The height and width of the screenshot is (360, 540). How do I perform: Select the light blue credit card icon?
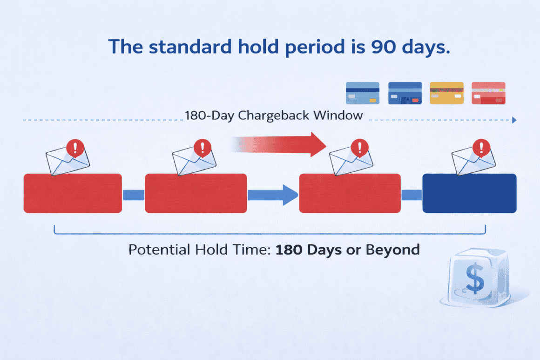[363, 93]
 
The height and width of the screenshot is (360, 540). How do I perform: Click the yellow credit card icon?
[446, 93]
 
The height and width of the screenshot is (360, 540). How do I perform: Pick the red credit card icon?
[488, 93]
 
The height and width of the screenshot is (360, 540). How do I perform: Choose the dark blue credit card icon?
[405, 93]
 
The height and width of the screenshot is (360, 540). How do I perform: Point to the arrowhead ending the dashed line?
[514, 120]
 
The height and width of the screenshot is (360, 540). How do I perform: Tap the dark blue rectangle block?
[469, 193]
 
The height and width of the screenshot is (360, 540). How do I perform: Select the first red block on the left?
[73, 193]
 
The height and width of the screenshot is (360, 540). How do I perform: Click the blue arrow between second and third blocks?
[272, 194]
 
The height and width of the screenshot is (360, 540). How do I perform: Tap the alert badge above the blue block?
[481, 148]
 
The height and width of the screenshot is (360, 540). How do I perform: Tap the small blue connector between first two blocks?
[133, 195]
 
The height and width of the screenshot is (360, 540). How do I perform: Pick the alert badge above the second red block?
[202, 149]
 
